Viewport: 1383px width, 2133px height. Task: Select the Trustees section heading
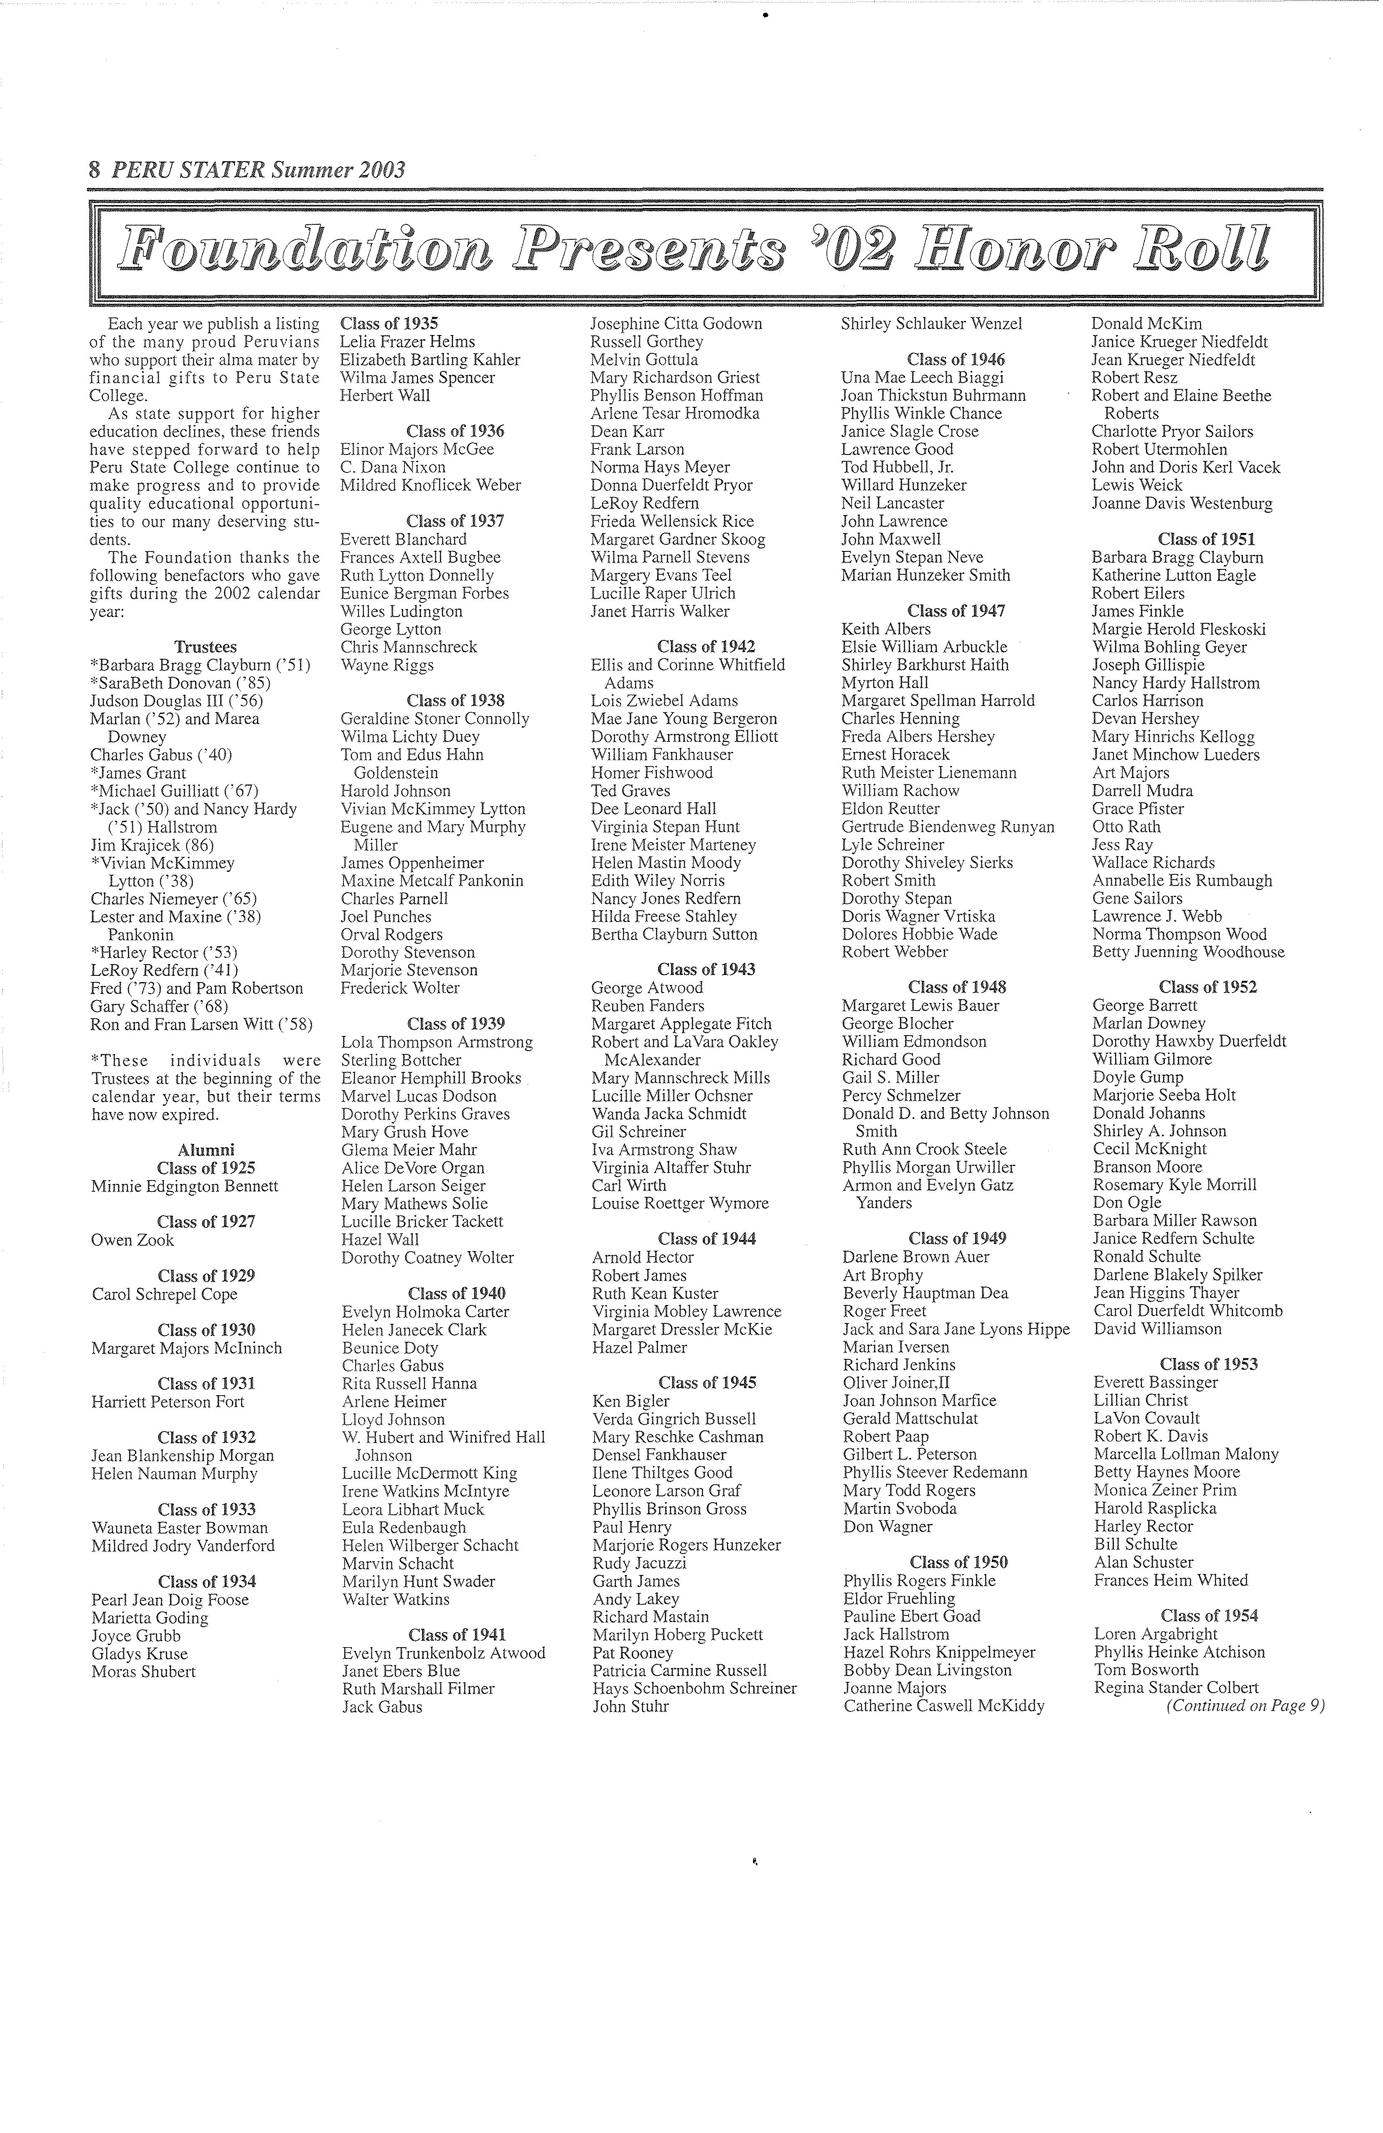(205, 647)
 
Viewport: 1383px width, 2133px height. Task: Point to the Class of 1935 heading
(389, 323)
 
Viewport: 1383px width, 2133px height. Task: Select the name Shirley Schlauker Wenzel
(930, 323)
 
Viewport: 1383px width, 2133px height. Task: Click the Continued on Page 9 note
(1244, 1706)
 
